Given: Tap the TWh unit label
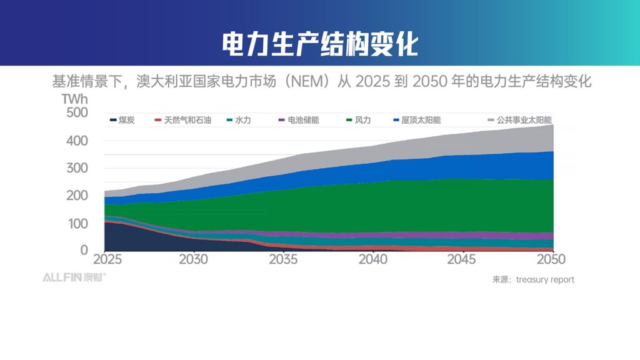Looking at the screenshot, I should (75, 99).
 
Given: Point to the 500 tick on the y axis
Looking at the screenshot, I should (77, 113).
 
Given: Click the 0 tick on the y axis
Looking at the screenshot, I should (83, 250).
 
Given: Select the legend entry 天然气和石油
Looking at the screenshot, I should (183, 120).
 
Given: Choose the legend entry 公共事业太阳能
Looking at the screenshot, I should (524, 120).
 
